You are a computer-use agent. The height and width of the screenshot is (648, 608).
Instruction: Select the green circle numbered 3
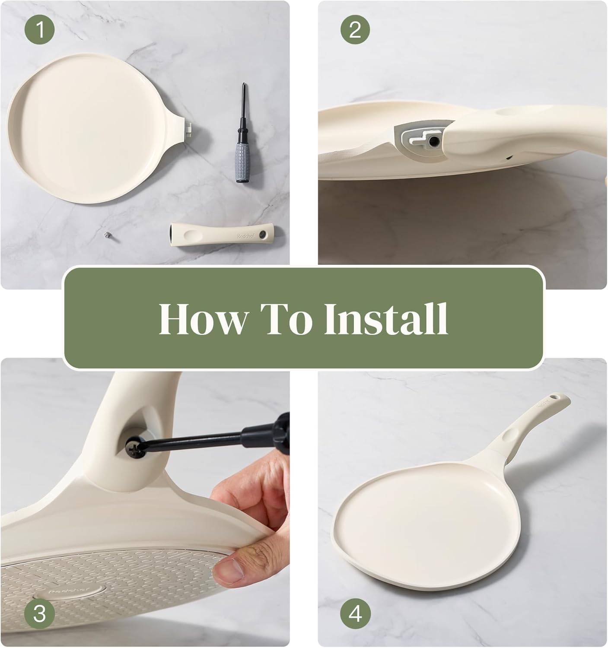[x=39, y=614]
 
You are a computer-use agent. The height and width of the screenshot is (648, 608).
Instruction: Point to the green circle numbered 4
[x=355, y=614]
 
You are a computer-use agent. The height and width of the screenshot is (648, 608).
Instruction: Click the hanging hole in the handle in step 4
[x=556, y=396]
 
